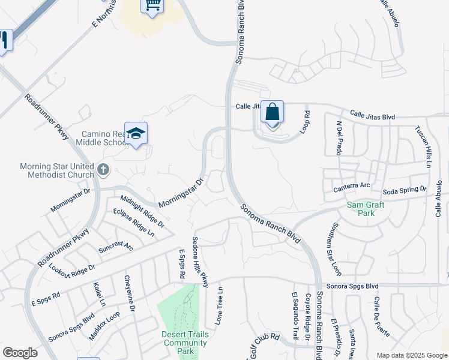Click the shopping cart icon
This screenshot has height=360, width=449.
click(152, 5)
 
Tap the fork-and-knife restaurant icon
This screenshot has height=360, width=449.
click(4, 41)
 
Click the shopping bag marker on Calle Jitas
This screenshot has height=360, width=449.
click(272, 112)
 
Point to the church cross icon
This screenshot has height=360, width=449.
click(103, 170)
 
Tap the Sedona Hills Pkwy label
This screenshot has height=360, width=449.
click(200, 262)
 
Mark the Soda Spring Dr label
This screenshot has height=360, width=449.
click(405, 190)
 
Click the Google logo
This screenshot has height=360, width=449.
click(20, 353)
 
